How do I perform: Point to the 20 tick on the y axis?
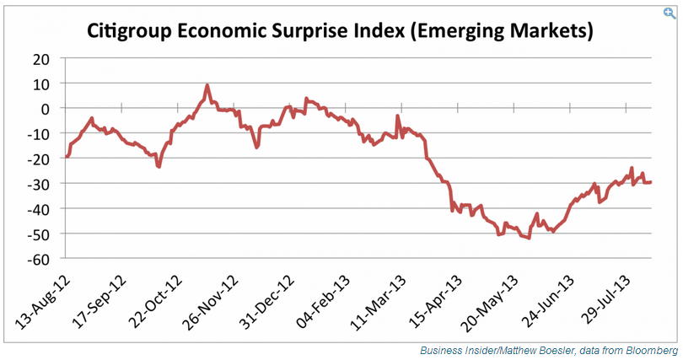(41, 59)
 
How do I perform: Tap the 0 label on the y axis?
(46, 109)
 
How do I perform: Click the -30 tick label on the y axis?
(39, 184)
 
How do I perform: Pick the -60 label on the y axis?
(39, 258)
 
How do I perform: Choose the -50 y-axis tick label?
(39, 234)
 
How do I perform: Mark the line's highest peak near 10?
(207, 85)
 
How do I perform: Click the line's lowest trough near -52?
(528, 239)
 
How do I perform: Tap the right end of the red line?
(650, 181)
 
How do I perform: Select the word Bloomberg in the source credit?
(653, 350)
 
